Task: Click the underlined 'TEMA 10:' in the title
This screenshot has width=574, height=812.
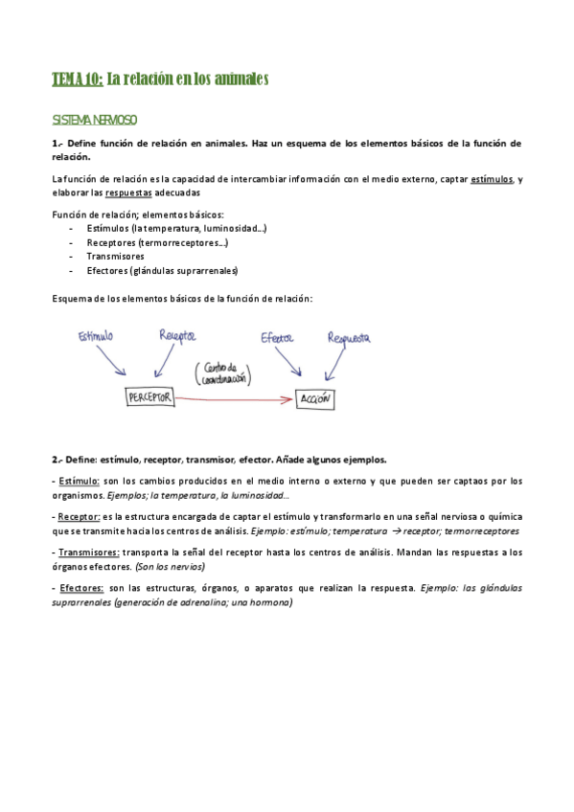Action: tap(76, 79)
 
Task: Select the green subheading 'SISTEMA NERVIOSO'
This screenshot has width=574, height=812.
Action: tap(94, 121)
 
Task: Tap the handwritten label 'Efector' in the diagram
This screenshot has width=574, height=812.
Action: tap(278, 337)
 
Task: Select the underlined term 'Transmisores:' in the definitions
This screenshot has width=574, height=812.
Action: tap(88, 553)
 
